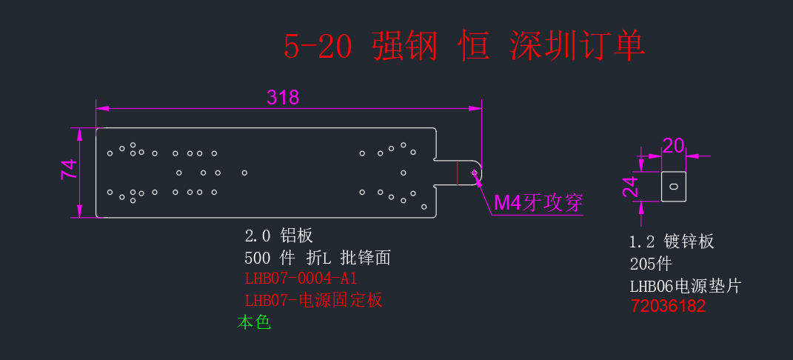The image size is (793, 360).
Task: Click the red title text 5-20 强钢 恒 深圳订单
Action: pos(464,47)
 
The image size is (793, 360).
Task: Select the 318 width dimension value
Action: pos(283,97)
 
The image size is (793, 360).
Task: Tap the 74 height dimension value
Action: pos(69,169)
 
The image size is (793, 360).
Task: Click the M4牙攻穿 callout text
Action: pos(538,203)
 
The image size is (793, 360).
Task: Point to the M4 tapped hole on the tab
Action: pos(475,173)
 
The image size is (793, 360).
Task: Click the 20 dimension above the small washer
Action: pos(673,146)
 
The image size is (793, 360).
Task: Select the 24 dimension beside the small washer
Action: pos(630,187)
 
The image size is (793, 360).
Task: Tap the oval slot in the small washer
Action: pos(674,187)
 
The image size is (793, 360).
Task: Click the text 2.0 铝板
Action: pos(278,235)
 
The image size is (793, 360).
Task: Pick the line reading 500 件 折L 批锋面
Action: pos(318,259)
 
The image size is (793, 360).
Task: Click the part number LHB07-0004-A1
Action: pos(301,279)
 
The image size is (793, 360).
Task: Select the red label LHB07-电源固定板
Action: pos(313,300)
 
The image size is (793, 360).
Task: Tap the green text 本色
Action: pos(255,322)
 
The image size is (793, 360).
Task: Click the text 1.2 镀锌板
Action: pos(672,241)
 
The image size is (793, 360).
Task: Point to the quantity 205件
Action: pos(651,264)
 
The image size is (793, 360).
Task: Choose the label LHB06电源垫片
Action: pos(685,286)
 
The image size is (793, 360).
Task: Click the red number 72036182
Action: pos(668,307)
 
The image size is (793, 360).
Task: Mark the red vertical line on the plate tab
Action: pos(457,173)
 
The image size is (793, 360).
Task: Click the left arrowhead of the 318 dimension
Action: pos(102,108)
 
